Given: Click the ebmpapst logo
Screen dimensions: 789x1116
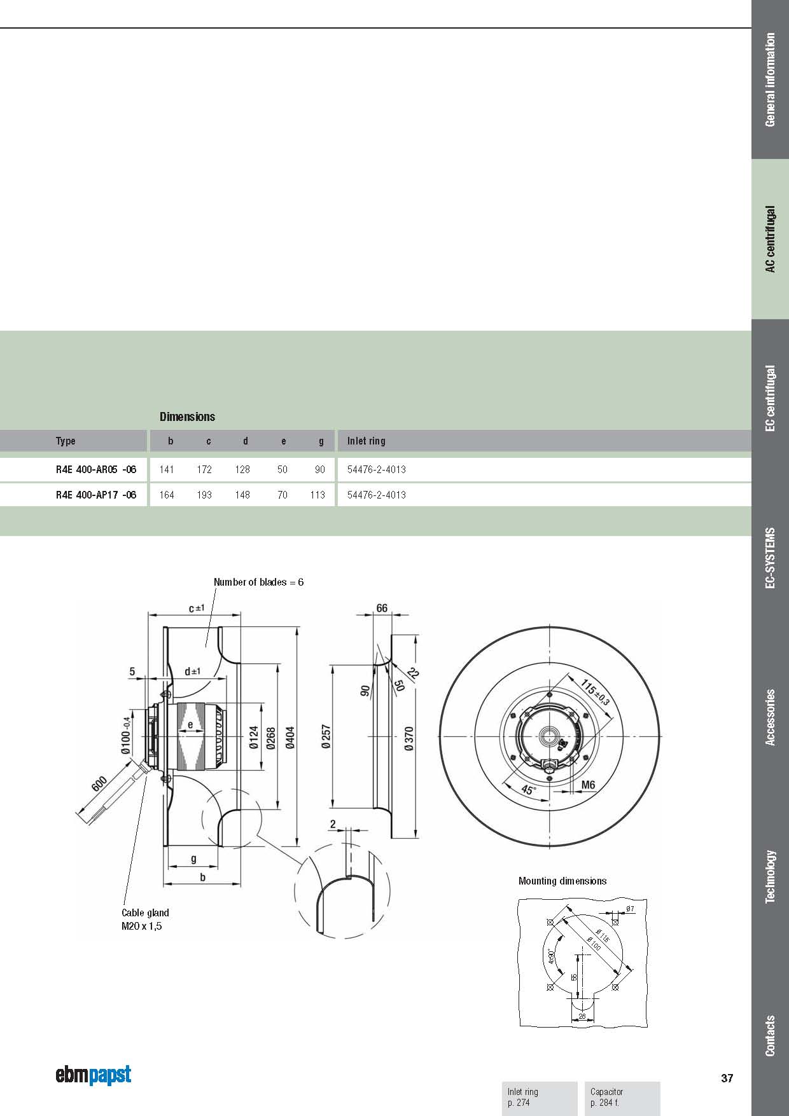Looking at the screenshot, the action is [94, 1075].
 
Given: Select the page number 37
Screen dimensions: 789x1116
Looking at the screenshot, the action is [727, 1078].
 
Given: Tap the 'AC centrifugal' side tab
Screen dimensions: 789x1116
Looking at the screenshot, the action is [770, 238].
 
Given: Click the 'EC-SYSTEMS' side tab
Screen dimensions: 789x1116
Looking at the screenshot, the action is [770, 558].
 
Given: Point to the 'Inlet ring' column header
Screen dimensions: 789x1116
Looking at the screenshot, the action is [366, 441].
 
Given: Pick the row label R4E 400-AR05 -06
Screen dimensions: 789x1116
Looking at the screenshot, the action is [96, 469].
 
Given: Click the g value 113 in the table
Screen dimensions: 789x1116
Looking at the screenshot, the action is [318, 495].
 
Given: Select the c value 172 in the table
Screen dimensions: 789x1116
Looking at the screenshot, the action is [204, 469].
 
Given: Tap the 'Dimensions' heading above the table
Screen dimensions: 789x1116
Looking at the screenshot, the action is [187, 417].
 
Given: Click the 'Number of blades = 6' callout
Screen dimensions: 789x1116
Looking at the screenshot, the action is [258, 582].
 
